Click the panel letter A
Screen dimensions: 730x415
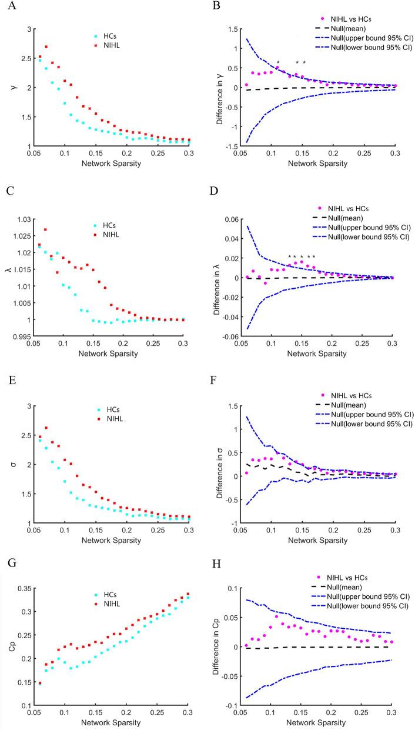click(x=6, y=8)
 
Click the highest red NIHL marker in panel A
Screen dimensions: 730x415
click(x=46, y=47)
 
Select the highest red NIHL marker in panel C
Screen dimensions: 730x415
click(x=46, y=230)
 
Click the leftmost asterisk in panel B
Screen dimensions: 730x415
click(x=277, y=62)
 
